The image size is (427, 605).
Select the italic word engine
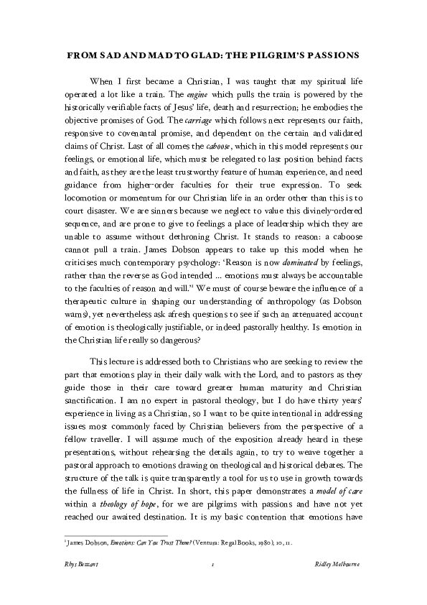(197, 94)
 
